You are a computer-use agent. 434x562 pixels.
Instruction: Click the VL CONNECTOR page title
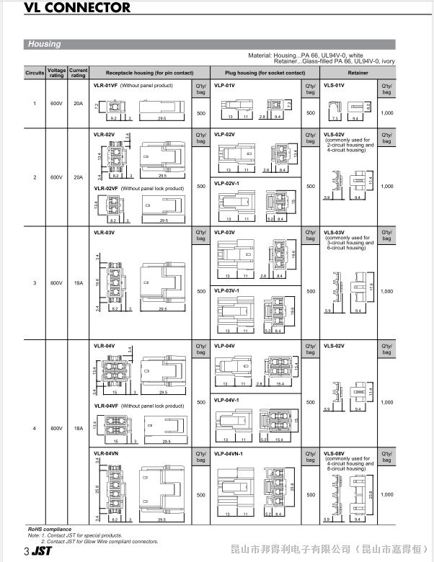tap(68, 9)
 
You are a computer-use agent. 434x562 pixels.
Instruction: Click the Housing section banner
tap(44, 44)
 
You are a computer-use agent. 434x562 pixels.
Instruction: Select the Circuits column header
tap(35, 73)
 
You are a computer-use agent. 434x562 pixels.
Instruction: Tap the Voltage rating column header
tap(56, 73)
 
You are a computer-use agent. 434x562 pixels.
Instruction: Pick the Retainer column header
tap(358, 73)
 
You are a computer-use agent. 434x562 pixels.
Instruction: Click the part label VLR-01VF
tap(105, 85)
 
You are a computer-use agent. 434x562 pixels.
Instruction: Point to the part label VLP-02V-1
tap(229, 183)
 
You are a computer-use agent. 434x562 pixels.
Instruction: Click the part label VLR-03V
tap(105, 233)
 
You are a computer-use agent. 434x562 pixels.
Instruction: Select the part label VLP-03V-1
tap(229, 290)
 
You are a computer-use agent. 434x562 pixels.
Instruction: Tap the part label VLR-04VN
tap(107, 453)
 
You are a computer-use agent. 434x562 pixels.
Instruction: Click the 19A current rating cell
tap(79, 283)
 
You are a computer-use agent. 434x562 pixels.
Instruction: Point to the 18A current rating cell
tap(79, 429)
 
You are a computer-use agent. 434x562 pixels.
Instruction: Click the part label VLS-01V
tap(334, 85)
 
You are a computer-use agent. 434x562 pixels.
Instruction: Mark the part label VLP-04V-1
tap(229, 398)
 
